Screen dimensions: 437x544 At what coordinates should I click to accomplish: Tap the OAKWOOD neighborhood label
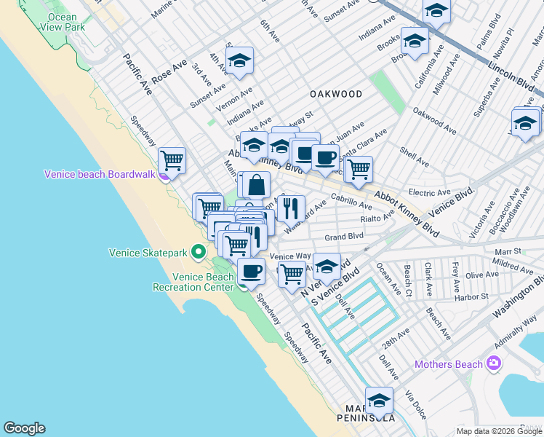[x=335, y=94]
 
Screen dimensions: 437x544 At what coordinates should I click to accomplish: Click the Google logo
[x=24, y=428]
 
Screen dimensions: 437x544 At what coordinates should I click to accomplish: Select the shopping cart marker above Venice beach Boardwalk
[x=172, y=160]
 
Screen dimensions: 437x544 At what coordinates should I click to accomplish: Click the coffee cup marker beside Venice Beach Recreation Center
[x=252, y=271]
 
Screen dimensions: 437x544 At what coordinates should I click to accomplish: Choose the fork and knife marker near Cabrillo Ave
[x=291, y=208]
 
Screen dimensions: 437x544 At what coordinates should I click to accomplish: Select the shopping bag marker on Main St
[x=256, y=184]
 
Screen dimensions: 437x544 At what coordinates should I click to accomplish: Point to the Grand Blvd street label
[x=344, y=237]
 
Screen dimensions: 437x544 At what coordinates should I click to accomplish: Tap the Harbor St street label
[x=471, y=296]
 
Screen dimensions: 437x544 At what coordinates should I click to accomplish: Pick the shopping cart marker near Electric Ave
[x=358, y=169]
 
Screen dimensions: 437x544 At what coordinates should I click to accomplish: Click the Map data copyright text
[x=499, y=431]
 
